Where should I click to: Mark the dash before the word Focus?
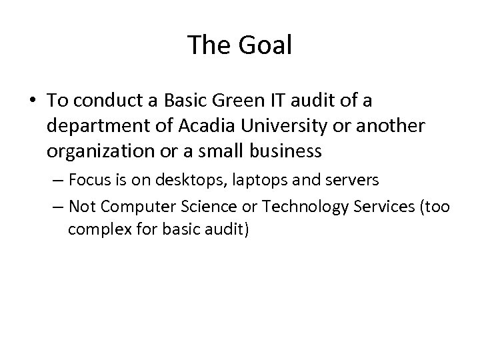59,180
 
